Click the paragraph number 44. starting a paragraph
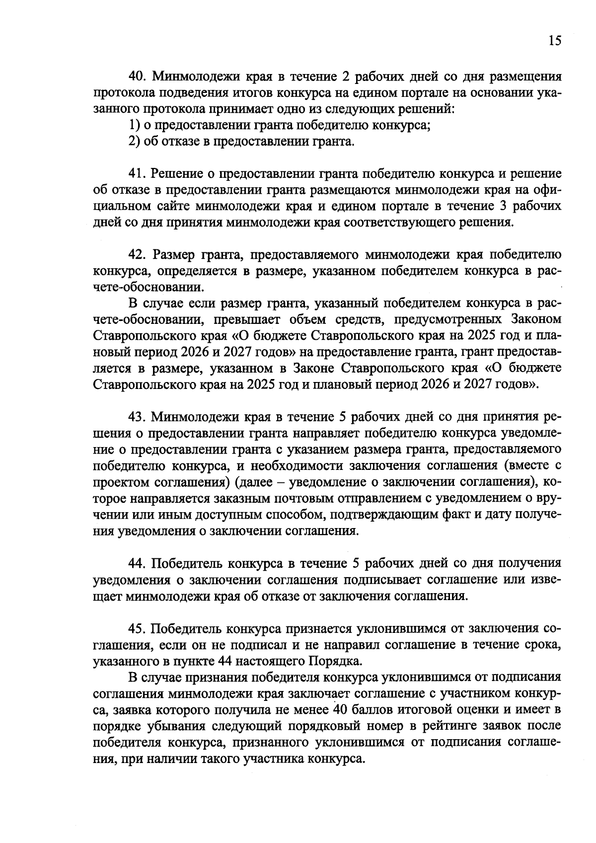point(138,563)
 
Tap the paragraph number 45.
point(138,628)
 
